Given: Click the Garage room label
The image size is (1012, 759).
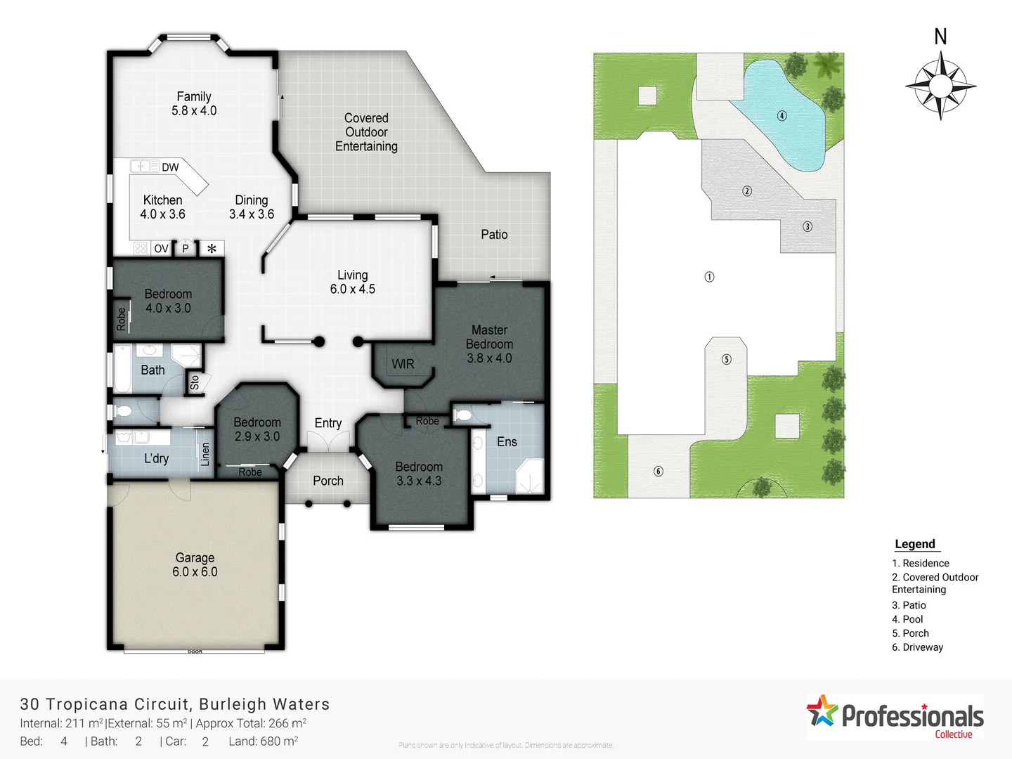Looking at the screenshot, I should [x=195, y=557].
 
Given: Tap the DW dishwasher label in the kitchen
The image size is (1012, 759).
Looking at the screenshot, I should [x=170, y=167].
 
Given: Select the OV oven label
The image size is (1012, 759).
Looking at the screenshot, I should [x=161, y=249].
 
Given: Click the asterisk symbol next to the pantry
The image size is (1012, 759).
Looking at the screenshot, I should [x=212, y=249].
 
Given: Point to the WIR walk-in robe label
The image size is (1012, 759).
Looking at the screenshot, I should [x=403, y=364].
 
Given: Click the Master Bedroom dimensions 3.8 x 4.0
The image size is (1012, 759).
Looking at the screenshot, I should [x=489, y=358].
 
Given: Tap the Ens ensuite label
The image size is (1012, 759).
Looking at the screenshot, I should [x=507, y=441].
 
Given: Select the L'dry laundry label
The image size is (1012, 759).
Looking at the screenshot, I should [x=156, y=458].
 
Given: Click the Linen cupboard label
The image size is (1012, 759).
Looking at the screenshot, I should [x=205, y=454].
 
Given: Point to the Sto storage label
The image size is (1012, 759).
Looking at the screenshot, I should [x=195, y=382].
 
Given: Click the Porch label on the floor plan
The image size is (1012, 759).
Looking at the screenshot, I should [x=328, y=481].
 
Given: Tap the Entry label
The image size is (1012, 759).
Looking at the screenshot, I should [x=328, y=422].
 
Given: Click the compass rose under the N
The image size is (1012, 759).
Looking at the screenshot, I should [x=940, y=86].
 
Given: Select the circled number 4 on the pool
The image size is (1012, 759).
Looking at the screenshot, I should [x=781, y=115].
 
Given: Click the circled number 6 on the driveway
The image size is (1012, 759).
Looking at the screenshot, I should [x=659, y=471].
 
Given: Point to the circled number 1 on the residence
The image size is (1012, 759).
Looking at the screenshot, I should [x=709, y=277].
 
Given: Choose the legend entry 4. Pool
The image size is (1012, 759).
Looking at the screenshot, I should [x=907, y=619].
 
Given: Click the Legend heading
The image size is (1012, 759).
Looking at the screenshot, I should [x=915, y=544].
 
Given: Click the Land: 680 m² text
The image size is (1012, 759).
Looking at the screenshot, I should [x=263, y=741].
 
